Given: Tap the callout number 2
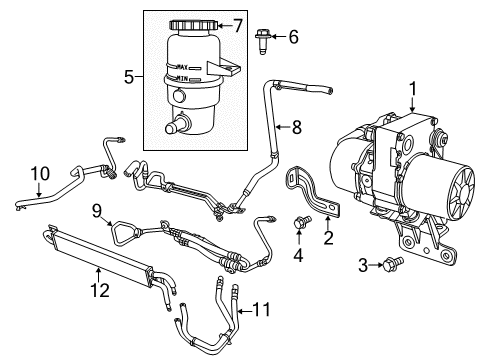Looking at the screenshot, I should point(326,238).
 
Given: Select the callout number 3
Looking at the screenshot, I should point(363,265).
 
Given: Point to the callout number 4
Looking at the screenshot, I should point(296,255).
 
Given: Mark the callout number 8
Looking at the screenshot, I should point(296,126).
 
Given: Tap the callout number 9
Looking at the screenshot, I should point(97,211).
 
